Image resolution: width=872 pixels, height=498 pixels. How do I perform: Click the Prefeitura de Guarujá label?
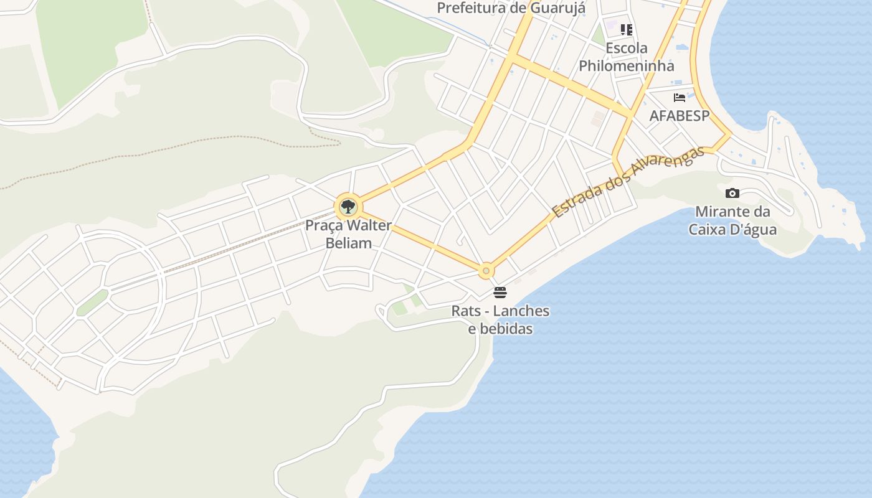[x=511, y=8]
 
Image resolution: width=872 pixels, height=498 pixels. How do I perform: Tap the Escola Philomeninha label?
[x=627, y=57]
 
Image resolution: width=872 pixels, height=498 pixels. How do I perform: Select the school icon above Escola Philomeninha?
[x=627, y=29]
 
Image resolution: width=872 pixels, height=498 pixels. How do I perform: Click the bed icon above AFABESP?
[x=680, y=98]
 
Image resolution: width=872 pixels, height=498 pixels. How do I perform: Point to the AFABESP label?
[x=680, y=116]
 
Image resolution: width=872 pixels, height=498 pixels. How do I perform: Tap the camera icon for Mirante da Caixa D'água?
[x=732, y=194]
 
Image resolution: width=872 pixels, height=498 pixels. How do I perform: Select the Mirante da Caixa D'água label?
[x=732, y=220]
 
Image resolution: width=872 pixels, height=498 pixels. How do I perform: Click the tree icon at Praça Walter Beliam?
[x=348, y=207]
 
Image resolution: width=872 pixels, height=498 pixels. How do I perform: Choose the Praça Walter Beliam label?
[x=348, y=234]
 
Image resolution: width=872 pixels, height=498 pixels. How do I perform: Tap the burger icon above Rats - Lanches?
[x=500, y=292]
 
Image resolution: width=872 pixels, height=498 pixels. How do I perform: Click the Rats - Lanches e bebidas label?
[x=501, y=319]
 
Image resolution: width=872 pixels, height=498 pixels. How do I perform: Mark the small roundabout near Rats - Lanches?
[x=486, y=271]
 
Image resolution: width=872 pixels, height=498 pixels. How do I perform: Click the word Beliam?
[x=348, y=243]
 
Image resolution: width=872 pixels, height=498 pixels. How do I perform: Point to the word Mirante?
[x=723, y=212]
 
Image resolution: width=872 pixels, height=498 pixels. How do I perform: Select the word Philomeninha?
[x=627, y=66]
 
